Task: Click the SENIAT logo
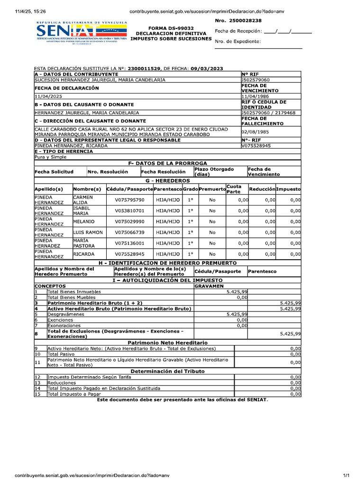pos(81,33)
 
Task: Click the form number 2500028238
pos(245,21)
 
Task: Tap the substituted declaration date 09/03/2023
pos(207,68)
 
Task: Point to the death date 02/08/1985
pos(256,131)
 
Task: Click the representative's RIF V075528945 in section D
pos(256,146)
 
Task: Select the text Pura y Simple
pos(51,157)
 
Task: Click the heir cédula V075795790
pos(129,200)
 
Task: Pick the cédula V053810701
pos(129,211)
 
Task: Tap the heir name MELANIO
pos(84,222)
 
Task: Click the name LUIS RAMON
pos(88,233)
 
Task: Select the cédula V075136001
pos(129,243)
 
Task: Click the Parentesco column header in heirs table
pos(168,189)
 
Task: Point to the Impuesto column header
pos(289,189)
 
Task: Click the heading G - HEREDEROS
pos(168,181)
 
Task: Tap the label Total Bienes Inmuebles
pos(74,291)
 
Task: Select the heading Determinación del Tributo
pos(168,371)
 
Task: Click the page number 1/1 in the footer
pos(346,475)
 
